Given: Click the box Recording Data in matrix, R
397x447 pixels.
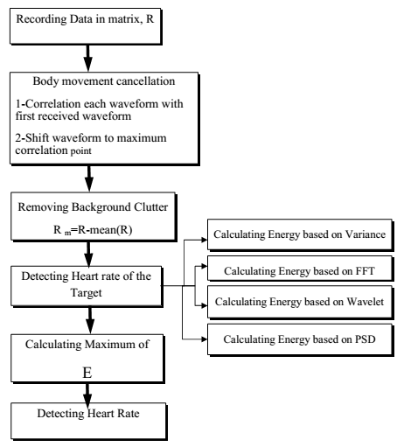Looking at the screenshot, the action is tap(86, 26).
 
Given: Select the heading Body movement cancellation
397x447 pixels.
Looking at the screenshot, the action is tap(104, 81).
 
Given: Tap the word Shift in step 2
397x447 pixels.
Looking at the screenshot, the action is tap(37, 137).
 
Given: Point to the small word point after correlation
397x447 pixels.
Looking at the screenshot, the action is tap(80, 151).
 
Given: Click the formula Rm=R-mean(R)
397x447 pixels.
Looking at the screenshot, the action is tap(93, 230).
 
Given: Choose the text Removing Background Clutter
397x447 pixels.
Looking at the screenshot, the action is tap(93, 207).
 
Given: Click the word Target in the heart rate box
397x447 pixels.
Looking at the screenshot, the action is tap(86, 292).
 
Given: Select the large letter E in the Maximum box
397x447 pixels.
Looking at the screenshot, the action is tap(87, 373).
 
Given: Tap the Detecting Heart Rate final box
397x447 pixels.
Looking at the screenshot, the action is tap(89, 422).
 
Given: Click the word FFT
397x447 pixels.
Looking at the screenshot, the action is tap(365, 271).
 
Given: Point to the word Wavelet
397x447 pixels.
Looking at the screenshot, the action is tap(365, 302).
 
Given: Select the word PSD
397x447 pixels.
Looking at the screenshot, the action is tap(365, 339).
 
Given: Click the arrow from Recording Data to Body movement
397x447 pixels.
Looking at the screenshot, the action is tap(87, 58).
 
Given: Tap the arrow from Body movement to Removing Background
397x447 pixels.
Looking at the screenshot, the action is tap(89, 178).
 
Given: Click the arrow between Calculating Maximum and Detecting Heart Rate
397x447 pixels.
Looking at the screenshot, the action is tap(87, 395).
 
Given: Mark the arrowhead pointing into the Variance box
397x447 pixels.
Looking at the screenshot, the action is tap(204, 240).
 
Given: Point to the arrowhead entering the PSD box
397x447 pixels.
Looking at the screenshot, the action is tap(204, 339).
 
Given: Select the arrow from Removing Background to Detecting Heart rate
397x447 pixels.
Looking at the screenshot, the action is tap(88, 254).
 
